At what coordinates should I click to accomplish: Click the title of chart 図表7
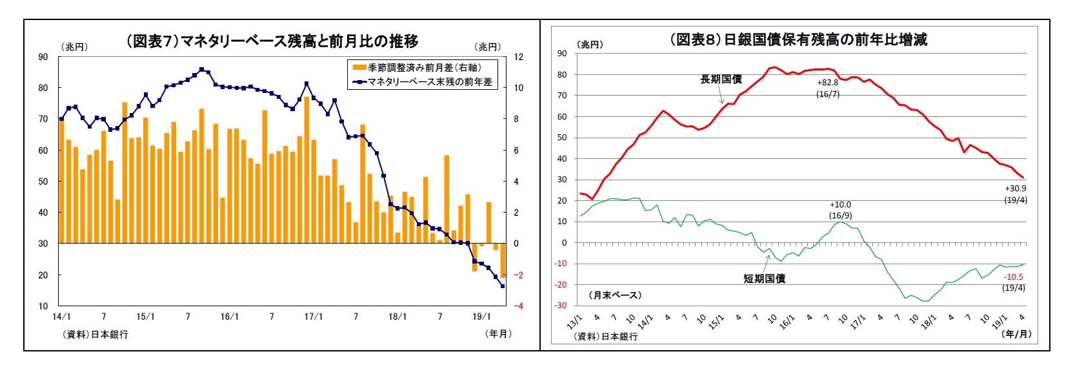272,41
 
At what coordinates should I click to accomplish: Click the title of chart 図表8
798,39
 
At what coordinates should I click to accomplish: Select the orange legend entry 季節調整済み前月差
424,67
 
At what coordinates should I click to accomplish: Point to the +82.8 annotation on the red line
827,83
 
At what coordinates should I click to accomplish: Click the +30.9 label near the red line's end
1015,189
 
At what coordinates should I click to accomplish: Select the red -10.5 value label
1014,277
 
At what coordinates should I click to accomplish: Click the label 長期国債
721,79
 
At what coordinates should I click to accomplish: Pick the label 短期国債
764,278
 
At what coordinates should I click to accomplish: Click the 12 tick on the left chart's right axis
518,57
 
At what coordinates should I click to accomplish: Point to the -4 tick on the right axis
517,306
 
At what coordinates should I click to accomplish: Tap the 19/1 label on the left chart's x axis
481,317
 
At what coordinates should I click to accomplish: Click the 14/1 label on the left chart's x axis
61,317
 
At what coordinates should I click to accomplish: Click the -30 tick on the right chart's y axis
561,306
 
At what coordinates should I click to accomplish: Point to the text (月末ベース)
615,295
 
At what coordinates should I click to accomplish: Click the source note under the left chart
95,334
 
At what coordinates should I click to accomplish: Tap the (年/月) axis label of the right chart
1016,334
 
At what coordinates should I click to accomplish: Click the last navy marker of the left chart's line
503,286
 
